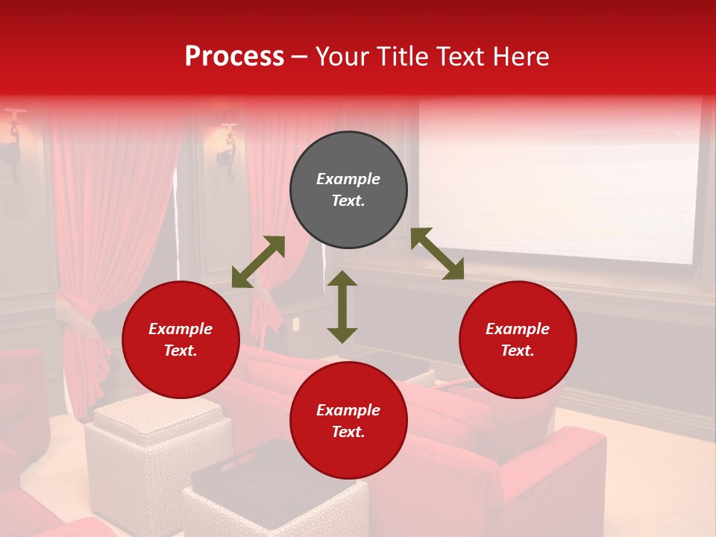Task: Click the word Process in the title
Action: pyautogui.click(x=234, y=57)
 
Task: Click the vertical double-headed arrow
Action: pyautogui.click(x=342, y=307)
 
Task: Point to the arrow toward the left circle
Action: pyautogui.click(x=258, y=262)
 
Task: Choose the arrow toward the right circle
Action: pyautogui.click(x=437, y=254)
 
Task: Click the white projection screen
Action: pyautogui.click(x=559, y=179)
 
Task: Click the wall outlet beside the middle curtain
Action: pyautogui.click(x=296, y=324)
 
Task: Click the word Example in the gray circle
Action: pyautogui.click(x=348, y=179)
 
